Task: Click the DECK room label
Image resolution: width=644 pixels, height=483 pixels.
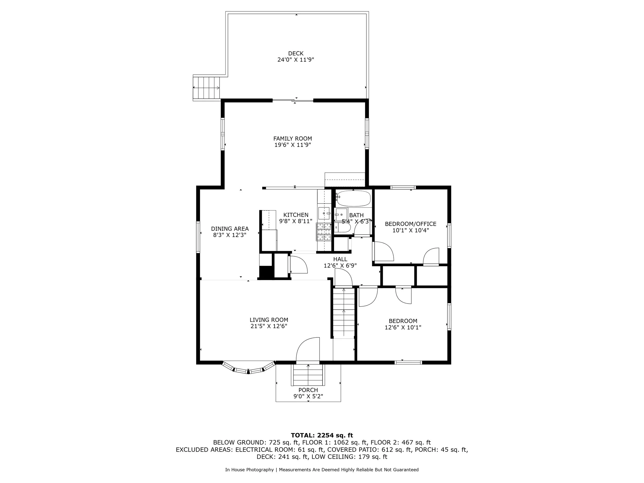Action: point(295,53)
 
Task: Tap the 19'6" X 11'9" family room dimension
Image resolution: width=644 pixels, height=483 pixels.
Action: point(293,145)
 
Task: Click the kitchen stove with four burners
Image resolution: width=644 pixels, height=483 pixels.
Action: point(324,232)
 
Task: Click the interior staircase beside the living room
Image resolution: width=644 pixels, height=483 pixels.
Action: point(344,313)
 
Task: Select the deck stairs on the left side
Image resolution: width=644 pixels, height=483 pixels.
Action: point(206,88)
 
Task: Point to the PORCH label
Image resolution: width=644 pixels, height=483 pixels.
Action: point(308,390)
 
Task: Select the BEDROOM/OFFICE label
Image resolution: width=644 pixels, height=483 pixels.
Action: point(411,224)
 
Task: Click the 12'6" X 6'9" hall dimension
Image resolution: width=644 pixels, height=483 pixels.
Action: point(340,266)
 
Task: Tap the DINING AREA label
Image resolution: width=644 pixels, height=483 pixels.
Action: point(230,229)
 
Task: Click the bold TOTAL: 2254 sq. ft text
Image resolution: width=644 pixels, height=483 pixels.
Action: point(322,435)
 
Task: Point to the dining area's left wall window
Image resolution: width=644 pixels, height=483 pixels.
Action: point(198,237)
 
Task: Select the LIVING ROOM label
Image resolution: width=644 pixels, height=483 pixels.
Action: point(269,320)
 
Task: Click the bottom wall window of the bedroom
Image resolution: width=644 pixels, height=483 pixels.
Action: point(408,362)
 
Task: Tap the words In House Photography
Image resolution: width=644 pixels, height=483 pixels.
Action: point(249,470)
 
